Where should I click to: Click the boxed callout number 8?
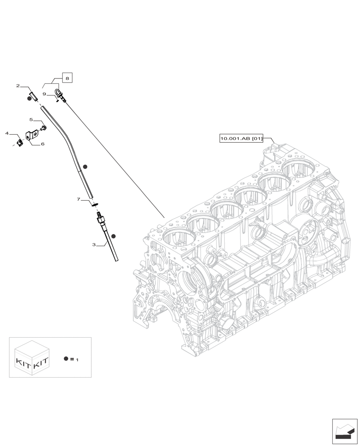67,78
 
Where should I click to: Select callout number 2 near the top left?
18,86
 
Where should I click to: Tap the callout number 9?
45,94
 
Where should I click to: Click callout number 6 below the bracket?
42,144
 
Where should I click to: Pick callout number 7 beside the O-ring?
78,199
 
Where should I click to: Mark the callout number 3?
94,244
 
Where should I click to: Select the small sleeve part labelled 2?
33,96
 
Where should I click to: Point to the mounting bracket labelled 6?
32,135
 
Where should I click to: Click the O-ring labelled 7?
94,205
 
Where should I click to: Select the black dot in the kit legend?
66,359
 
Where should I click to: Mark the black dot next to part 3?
114,236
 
